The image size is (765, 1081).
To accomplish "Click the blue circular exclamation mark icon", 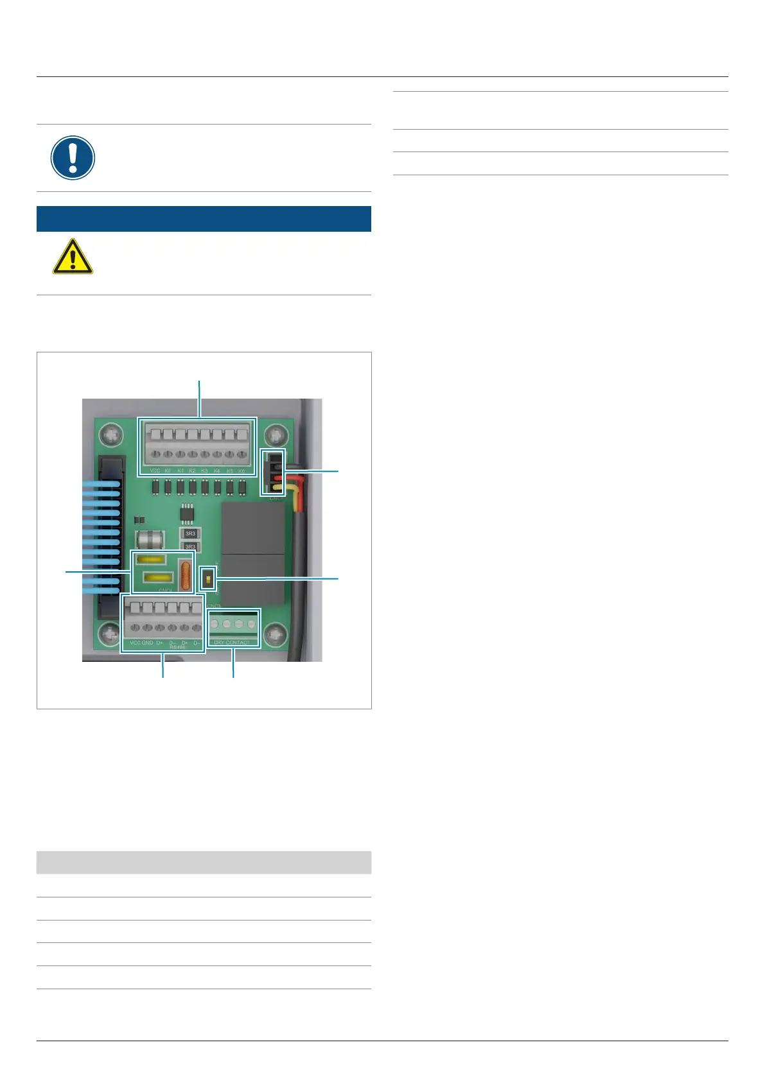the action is coord(73,158).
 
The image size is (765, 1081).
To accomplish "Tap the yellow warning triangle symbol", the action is coord(73,257).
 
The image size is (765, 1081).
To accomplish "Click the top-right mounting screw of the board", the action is coord(276,435).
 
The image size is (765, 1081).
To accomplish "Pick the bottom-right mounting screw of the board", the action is coord(276,635).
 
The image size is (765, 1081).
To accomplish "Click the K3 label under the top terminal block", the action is coord(204,471).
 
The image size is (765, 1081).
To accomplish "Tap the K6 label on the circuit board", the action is coord(242,471).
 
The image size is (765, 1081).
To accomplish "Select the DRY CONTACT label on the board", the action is coord(232,643).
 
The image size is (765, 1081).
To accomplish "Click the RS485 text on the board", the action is coord(177,648).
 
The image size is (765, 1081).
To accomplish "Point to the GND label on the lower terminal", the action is coord(147,643).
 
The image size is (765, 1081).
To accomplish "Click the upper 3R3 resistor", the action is coord(190,533).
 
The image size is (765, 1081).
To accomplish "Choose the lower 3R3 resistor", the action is coord(190,547).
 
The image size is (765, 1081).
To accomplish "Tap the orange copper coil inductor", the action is coord(185,576).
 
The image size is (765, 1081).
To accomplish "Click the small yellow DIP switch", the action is coord(207,580).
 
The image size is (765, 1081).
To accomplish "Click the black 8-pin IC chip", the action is coord(187,512).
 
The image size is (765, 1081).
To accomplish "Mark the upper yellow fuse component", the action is coord(152,559).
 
